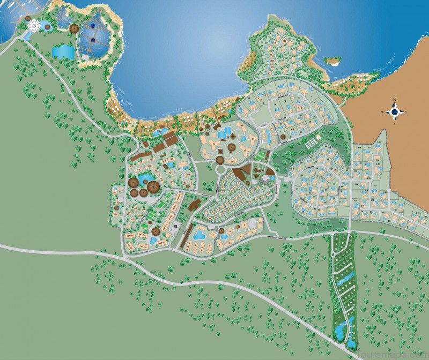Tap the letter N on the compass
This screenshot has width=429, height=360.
pos(395,100)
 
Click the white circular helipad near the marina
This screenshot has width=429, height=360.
pos(34,25)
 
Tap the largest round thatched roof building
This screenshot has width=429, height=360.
pos(153,187)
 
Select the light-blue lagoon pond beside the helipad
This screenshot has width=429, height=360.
pos(63,51)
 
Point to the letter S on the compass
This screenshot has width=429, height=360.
pos(395,124)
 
